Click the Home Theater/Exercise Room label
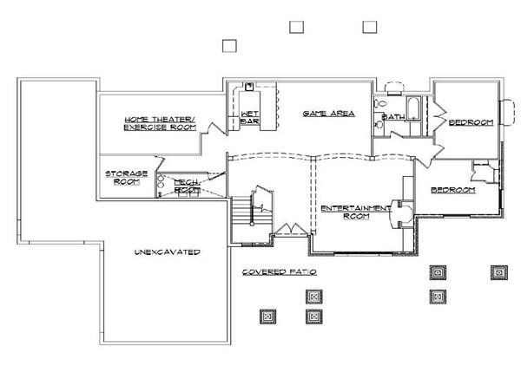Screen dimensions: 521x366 [160, 123]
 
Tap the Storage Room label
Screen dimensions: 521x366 [127, 178]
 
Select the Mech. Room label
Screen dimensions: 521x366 [187, 186]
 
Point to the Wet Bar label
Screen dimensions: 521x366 [250, 117]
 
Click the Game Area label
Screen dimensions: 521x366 [328, 114]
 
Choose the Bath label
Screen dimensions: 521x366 [393, 117]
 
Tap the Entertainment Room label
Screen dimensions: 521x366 [356, 212]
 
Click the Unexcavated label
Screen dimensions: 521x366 [168, 252]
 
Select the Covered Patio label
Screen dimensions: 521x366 [280, 272]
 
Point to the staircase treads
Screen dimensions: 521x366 [241, 211]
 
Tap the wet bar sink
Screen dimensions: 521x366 [249, 87]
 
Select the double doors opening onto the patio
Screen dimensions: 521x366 [292, 230]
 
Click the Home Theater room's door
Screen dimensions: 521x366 [213, 128]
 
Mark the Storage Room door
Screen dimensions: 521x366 [160, 163]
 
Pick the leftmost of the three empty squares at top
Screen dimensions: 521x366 [229, 46]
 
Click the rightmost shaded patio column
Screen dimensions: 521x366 [499, 272]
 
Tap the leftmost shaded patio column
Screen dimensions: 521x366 [267, 317]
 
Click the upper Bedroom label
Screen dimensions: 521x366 [472, 122]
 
